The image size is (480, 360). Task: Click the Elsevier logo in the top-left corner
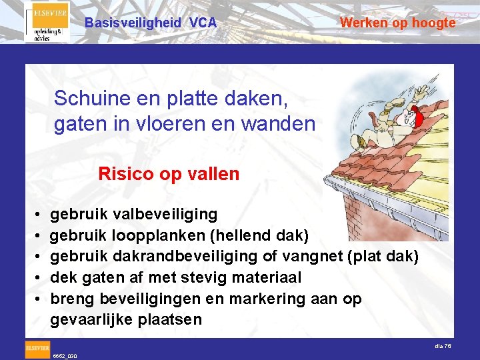point(47,23)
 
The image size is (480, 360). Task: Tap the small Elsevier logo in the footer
point(37,347)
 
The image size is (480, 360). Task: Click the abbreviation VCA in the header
point(203,23)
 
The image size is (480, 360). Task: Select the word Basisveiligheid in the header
point(133,23)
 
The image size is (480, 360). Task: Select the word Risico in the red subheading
point(124,174)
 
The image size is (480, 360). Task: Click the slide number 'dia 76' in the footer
point(443,345)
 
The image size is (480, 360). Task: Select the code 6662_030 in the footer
point(65,356)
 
